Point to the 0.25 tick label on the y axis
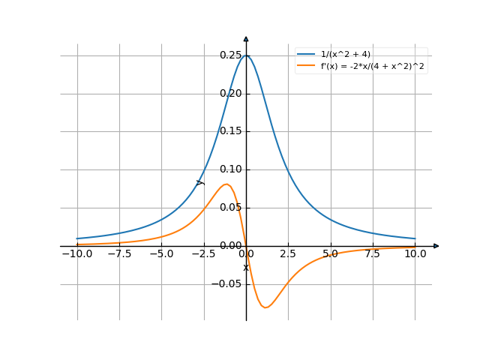click(231, 55)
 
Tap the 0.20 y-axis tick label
click(231, 94)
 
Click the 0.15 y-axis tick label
click(231, 132)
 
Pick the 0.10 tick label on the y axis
click(231, 170)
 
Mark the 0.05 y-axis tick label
click(231, 208)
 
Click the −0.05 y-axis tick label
click(228, 284)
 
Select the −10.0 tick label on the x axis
click(76, 254)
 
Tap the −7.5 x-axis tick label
click(118, 254)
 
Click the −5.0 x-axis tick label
click(161, 254)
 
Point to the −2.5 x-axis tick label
click(203, 254)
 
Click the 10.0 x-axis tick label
click(415, 254)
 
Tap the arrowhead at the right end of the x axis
click(436, 246)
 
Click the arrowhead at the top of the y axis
click(246, 37)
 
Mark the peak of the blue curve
click(246, 55)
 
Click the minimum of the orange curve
click(265, 307)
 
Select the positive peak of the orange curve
click(226, 184)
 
